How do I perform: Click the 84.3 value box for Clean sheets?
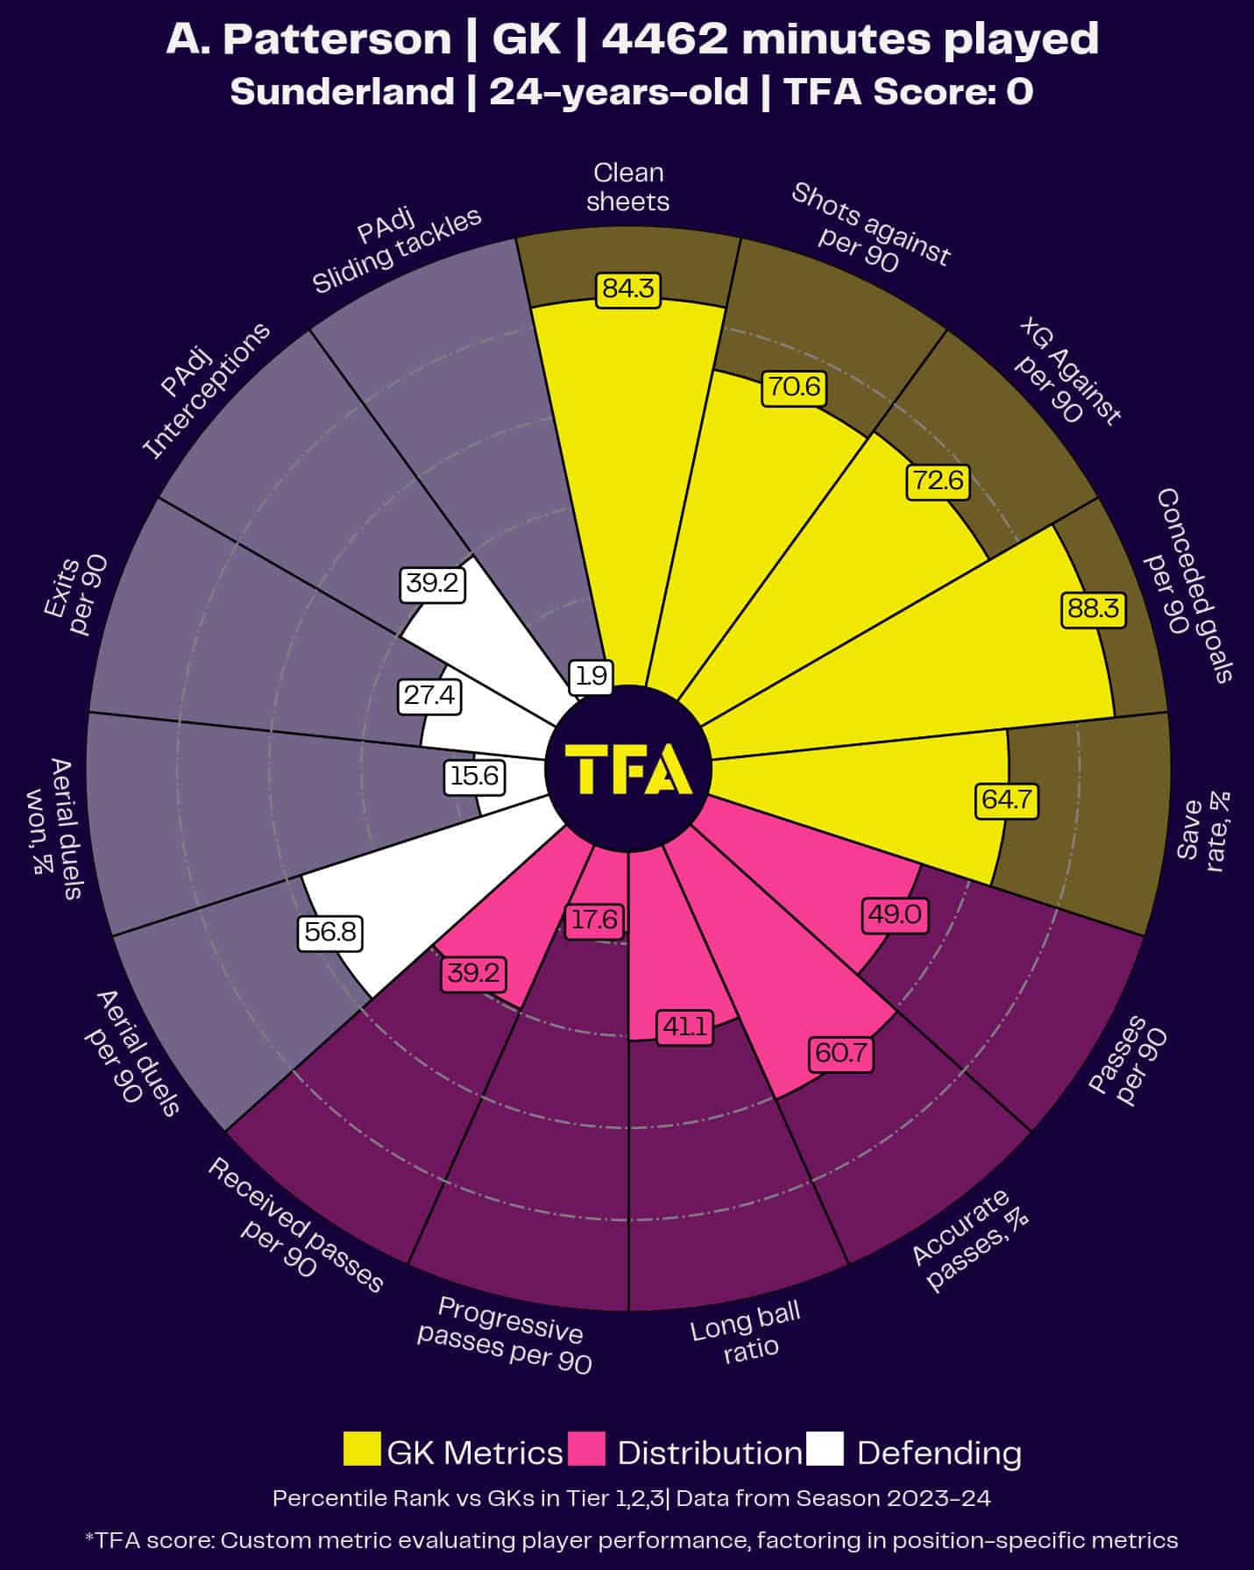tap(628, 289)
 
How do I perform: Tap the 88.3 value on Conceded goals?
tap(1093, 608)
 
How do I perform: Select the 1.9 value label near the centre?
tap(592, 676)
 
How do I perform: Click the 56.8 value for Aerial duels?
tap(329, 932)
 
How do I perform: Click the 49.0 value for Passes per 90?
tap(895, 914)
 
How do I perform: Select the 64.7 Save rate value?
tap(1007, 800)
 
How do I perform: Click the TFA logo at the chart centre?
tap(628, 769)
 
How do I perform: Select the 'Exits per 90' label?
tap(77, 596)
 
